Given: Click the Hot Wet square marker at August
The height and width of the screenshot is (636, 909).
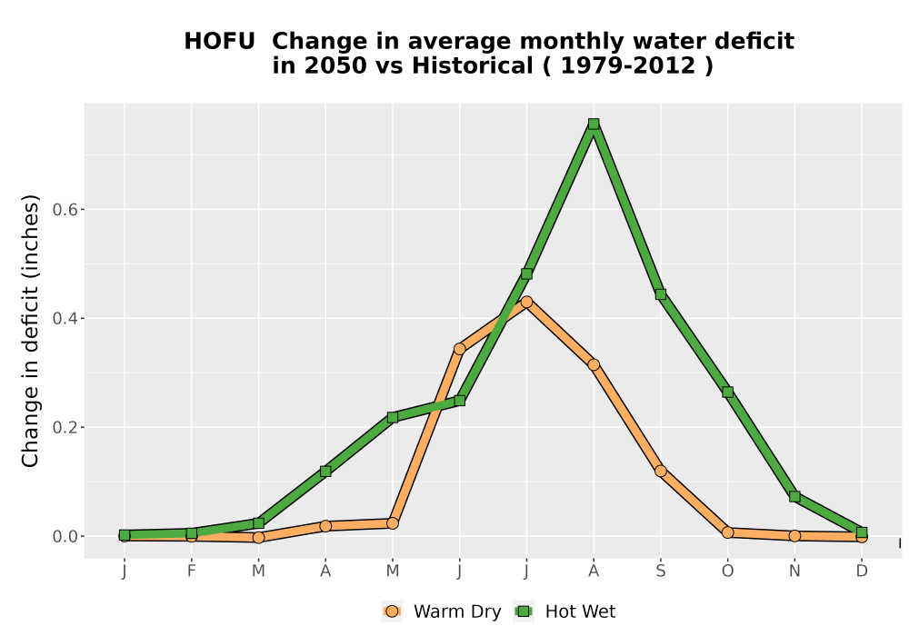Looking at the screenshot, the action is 593,124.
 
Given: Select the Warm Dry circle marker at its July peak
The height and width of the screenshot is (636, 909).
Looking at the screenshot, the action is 526,302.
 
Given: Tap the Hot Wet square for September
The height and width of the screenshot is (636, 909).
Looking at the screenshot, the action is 660,294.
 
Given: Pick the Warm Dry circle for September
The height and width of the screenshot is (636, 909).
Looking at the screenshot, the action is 660,471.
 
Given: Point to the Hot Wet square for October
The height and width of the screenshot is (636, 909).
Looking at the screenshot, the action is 727,393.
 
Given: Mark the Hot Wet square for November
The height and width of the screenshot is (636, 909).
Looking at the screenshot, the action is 794,496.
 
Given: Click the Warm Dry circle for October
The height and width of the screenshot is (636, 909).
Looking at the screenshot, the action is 727,532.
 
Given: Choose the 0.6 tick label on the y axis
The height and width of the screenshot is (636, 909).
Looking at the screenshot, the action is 65,210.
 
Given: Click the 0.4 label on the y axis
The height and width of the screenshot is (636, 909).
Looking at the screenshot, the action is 65,319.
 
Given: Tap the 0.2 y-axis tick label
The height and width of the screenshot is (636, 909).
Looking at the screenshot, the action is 65,427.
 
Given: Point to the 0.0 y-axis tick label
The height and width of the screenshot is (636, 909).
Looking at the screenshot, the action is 65,536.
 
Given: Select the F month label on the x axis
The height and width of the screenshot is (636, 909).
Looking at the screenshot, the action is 191,571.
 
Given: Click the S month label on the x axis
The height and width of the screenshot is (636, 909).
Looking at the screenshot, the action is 660,571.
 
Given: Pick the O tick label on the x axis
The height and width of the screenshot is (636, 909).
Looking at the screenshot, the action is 727,571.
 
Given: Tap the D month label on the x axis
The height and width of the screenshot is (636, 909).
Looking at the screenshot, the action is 862,571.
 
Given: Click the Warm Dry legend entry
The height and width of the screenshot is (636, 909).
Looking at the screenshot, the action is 442,611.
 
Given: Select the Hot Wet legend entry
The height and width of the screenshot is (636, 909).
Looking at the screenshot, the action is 564,611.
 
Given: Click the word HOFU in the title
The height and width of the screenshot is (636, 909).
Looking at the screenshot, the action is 219,42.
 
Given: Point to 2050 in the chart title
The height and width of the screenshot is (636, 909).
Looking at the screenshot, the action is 336,66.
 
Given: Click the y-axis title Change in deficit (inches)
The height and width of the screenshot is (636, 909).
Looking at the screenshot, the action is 30,331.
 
